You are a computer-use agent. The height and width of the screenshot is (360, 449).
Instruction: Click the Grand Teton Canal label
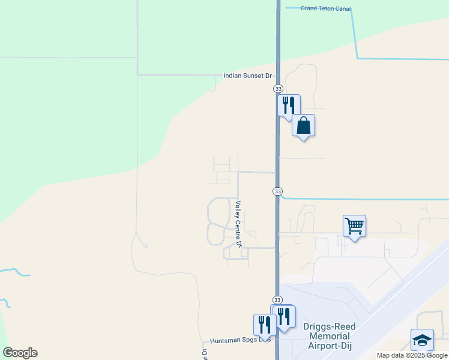click(x=325, y=8)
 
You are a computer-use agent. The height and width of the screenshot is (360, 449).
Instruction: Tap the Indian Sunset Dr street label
click(x=247, y=76)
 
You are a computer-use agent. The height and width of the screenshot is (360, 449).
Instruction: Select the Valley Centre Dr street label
click(x=238, y=224)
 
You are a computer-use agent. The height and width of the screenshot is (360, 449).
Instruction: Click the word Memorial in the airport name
click(x=330, y=336)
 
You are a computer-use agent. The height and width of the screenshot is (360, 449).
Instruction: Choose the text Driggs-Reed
click(x=330, y=327)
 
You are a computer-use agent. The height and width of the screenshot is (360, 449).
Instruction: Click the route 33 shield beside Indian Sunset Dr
click(x=278, y=88)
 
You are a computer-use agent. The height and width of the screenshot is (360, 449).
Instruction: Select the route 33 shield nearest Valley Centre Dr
click(x=277, y=191)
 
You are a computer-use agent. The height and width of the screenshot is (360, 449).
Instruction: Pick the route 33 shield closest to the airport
click(x=277, y=299)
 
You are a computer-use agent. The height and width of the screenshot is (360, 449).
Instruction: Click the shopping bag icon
click(x=304, y=125)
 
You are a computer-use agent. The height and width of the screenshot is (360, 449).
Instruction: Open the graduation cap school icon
click(x=422, y=340)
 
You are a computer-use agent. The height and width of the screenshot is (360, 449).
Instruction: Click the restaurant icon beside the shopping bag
click(x=289, y=105)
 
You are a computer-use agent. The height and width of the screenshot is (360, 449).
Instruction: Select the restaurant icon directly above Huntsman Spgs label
click(x=264, y=325)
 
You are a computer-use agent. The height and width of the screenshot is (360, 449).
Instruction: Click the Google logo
click(x=20, y=353)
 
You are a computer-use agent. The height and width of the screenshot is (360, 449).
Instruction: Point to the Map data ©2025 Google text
click(x=412, y=355)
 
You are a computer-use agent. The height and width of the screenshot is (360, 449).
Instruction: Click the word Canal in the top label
click(x=342, y=8)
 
